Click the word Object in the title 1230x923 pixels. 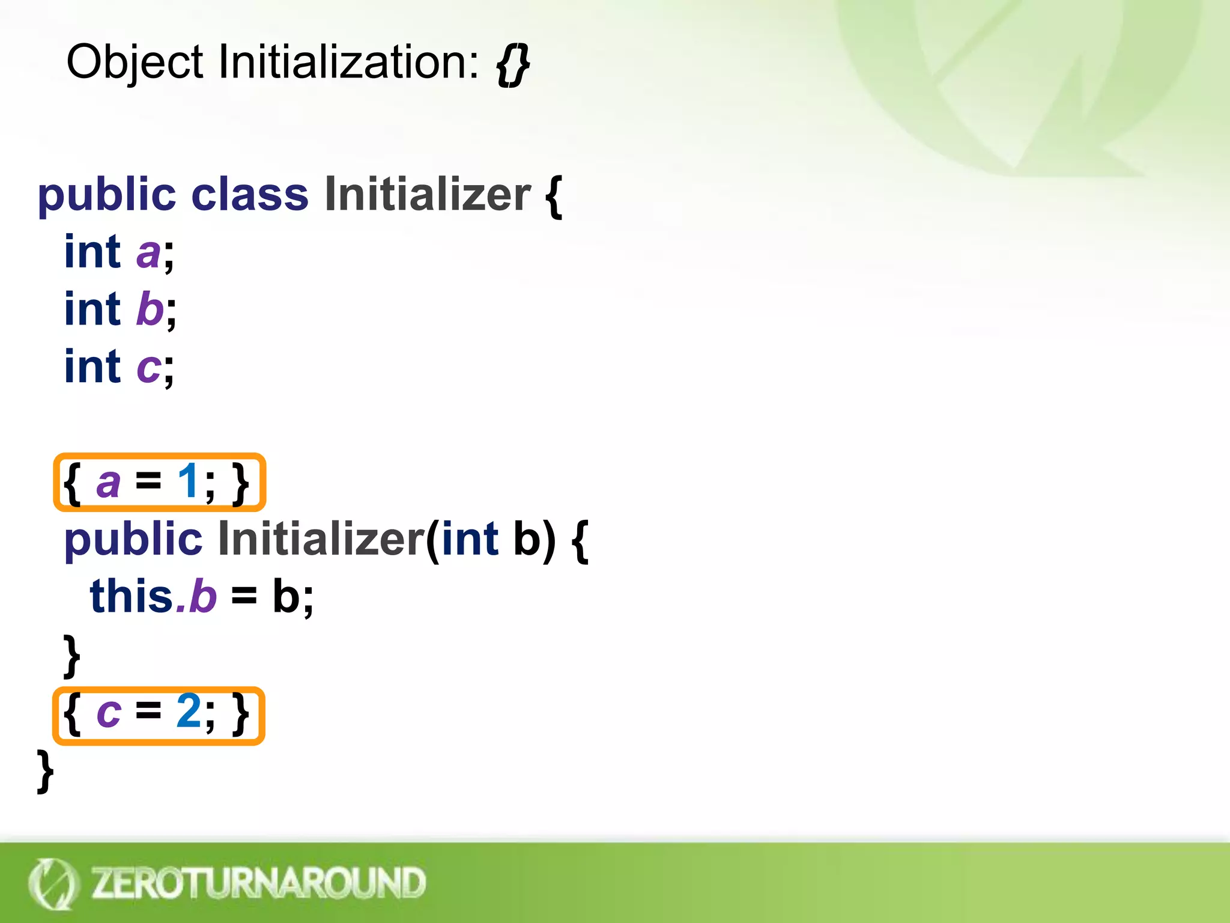point(135,62)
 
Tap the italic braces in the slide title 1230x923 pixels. point(512,65)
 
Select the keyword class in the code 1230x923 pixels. point(249,195)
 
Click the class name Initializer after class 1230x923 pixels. point(428,195)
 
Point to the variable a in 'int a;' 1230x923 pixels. point(148,253)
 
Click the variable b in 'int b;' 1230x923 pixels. point(150,309)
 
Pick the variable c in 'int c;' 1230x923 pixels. point(148,367)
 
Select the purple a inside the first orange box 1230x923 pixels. point(108,483)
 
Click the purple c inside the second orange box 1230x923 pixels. point(109,714)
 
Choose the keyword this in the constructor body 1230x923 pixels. point(132,597)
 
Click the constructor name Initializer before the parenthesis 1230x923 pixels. point(321,539)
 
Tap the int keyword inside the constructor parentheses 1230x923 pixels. point(470,539)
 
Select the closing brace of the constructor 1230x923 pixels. point(72,656)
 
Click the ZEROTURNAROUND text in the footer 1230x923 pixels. point(258,883)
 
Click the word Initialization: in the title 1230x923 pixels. point(348,62)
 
